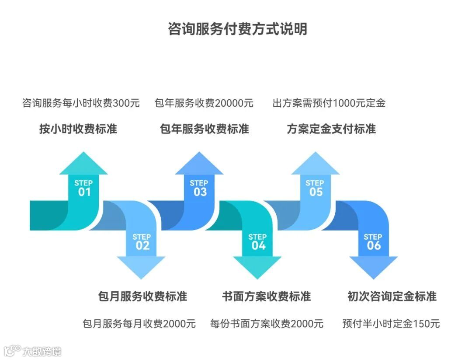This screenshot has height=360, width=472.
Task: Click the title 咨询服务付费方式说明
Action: coord(237,29)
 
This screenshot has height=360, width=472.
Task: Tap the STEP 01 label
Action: coord(83,188)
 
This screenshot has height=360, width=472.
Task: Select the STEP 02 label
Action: coord(142,241)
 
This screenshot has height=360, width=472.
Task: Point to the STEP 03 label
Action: coord(199,188)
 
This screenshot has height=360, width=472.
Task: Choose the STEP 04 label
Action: coord(258,241)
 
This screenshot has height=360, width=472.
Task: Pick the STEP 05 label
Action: coord(315,188)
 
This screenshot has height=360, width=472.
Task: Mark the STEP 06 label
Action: coord(373,241)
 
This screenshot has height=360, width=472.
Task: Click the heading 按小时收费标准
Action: coord(78,129)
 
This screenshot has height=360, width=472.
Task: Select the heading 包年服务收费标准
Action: coord(205,129)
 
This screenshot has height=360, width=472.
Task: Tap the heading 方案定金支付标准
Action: coord(331,129)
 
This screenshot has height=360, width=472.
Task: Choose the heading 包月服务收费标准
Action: coord(142,296)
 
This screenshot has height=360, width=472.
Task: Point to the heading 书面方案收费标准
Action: coord(266,296)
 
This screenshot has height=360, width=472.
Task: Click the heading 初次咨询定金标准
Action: coord(392,296)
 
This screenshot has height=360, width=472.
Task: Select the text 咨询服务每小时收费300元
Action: coord(81,104)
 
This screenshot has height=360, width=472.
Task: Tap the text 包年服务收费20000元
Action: coord(204,104)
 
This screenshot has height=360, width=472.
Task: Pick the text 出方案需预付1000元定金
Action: coord(329,104)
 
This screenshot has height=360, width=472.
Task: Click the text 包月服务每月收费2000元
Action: coord(139,324)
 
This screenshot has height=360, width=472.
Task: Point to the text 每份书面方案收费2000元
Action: coord(267,324)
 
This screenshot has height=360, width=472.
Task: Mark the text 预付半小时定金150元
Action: coord(391,324)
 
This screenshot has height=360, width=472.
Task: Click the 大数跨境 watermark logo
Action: coord(33,350)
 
